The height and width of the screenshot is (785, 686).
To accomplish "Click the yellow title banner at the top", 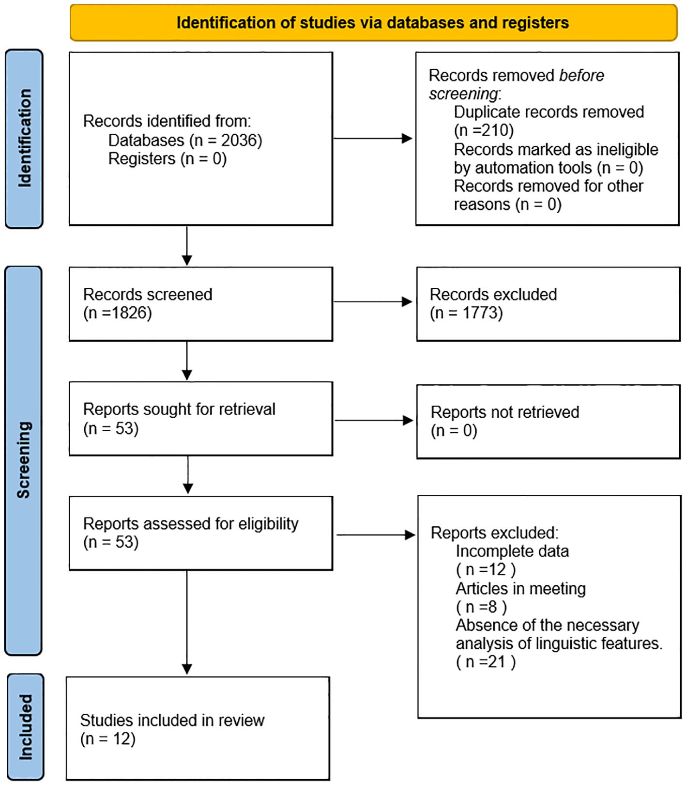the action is coord(373,23).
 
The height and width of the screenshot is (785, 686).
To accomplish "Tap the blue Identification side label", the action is coord(24,139).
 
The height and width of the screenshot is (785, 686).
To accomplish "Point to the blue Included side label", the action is coord(25,727).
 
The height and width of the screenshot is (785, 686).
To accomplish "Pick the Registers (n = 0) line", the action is coord(168,158).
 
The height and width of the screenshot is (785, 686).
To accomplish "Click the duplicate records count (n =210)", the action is coord(484,130).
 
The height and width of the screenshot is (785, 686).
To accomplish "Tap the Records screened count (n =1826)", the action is coord(118,313).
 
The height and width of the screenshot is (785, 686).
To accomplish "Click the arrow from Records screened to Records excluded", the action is coord(373,302).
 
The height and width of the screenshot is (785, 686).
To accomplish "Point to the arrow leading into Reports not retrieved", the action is coord(374,421).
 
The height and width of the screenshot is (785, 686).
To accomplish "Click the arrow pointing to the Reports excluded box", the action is coord(376,535).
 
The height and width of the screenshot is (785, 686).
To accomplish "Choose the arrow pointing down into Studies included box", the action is coord(187,622).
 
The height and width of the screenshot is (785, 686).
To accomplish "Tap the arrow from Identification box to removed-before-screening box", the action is coord(373,139).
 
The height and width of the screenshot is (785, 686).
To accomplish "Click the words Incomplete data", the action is coord(512,551).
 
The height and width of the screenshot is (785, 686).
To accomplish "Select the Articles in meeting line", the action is coord(521,589).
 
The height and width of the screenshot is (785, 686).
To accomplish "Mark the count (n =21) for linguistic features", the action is coord(486,662).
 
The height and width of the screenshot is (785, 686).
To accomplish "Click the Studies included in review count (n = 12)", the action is coord(108,739).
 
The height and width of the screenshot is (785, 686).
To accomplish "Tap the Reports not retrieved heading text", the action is coord(505,412).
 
